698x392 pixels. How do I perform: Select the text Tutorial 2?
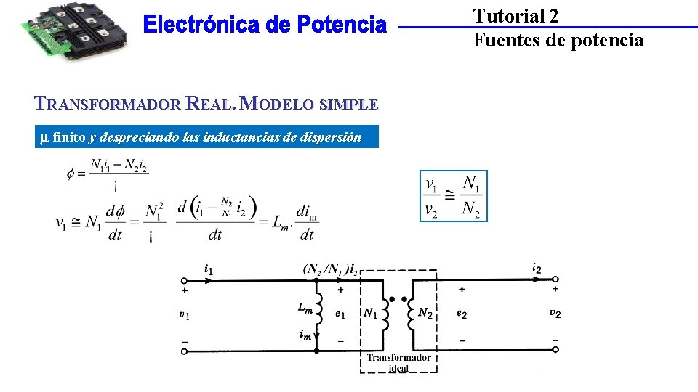516,16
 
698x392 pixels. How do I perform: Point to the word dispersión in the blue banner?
328,136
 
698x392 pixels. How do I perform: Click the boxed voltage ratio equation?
454,196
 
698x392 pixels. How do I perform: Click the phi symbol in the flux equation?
71,173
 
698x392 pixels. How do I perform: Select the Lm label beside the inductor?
305,308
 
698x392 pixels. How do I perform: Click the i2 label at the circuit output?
537,269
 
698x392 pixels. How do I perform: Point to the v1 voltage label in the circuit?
185,315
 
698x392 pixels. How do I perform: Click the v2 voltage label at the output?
555,314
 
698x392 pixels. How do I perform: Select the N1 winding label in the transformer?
370,313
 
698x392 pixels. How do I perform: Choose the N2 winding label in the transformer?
425,313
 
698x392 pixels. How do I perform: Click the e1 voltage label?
340,314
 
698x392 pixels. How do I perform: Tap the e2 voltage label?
461,314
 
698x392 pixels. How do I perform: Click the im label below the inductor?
305,335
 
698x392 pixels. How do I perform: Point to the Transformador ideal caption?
398,362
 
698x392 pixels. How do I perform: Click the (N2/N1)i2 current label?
330,269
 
